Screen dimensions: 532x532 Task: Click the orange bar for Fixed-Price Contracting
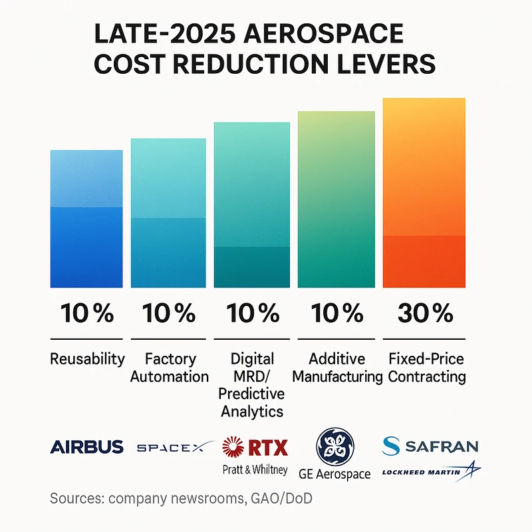[x=424, y=193]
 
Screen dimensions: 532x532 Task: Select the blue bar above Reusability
[x=86, y=219]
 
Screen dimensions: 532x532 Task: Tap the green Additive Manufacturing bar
[x=336, y=199]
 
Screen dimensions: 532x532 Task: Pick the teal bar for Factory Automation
[x=168, y=213]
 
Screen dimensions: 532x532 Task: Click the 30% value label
[x=424, y=313]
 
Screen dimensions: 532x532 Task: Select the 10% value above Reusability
[x=86, y=313]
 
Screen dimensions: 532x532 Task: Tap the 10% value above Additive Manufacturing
[x=336, y=313]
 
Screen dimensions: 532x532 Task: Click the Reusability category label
[x=87, y=359]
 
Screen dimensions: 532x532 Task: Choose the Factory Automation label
[x=169, y=368]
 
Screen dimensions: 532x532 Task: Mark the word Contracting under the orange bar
[x=426, y=377]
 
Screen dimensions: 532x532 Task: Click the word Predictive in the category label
[x=251, y=394]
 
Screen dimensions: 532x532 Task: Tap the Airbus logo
[x=86, y=446]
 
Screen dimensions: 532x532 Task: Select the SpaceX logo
[x=174, y=448]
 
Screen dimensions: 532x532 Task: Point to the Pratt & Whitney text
[x=255, y=469]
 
